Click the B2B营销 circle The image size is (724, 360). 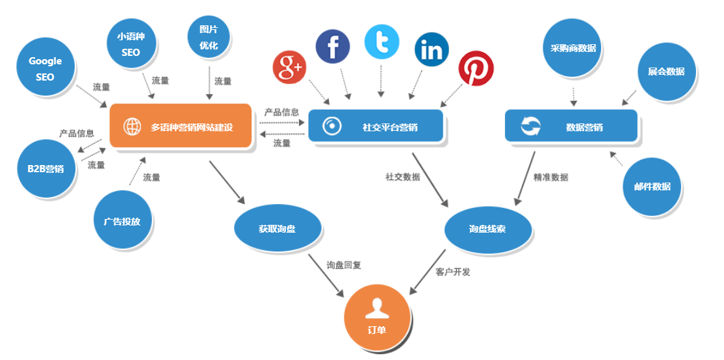click(x=45, y=169)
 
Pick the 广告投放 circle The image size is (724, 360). click(x=122, y=221)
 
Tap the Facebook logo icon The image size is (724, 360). click(x=333, y=47)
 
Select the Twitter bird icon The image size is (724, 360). click(x=381, y=42)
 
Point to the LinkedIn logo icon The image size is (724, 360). click(x=432, y=50)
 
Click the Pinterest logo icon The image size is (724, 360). click(x=476, y=69)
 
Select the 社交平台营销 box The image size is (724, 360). click(x=376, y=126)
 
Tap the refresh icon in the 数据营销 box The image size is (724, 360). click(x=530, y=126)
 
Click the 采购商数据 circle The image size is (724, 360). click(x=573, y=48)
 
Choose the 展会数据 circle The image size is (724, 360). click(x=666, y=71)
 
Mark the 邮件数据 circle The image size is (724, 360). click(x=652, y=186)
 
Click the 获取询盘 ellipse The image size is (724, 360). click(x=278, y=229)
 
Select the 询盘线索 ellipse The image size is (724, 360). click(x=487, y=229)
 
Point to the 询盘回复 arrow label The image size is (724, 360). click(x=344, y=265)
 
